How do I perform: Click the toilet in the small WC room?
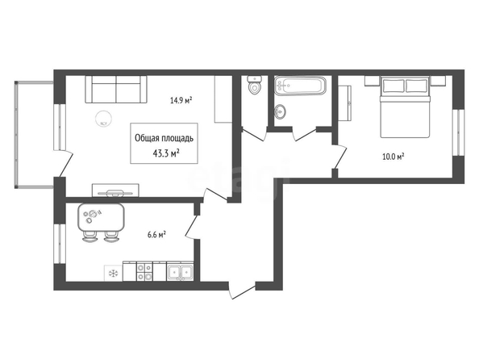click(255, 85)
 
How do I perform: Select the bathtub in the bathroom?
click(300, 86)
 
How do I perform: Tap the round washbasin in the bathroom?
click(280, 111)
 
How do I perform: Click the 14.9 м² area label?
click(181, 100)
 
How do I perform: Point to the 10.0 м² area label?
click(394, 157)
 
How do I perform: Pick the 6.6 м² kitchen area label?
click(156, 235)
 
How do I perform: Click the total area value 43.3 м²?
click(166, 153)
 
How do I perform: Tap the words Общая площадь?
click(164, 138)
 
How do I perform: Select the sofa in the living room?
click(116, 89)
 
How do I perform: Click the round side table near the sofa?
click(103, 119)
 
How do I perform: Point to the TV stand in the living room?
click(115, 190)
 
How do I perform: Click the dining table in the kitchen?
click(101, 217)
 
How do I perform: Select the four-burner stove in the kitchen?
click(144, 271)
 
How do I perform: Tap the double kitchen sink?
click(180, 272)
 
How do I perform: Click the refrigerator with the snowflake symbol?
click(114, 273)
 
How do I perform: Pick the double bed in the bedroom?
click(405, 107)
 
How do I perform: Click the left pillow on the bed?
click(393, 86)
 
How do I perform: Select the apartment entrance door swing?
click(242, 290)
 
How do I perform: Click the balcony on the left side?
click(34, 135)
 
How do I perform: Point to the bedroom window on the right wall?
click(458, 132)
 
